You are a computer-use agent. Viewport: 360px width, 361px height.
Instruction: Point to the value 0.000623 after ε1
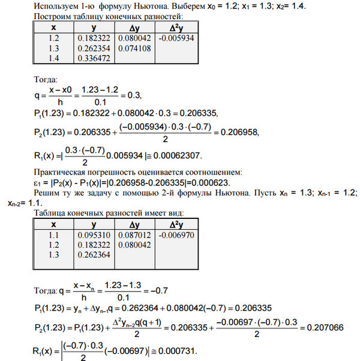(x=223, y=183)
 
